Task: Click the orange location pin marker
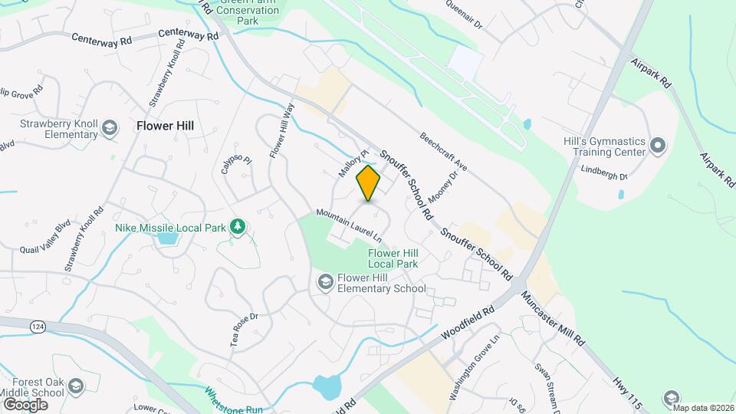coord(369,183)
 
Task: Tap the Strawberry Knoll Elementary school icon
coord(110,127)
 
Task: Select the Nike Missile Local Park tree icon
coord(238,226)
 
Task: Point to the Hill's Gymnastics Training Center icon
coord(657,145)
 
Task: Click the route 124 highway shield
coord(37,327)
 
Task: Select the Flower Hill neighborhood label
coord(165,126)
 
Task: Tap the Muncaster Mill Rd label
coord(553,317)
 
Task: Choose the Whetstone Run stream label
coord(233,399)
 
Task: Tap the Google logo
coord(25,404)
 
